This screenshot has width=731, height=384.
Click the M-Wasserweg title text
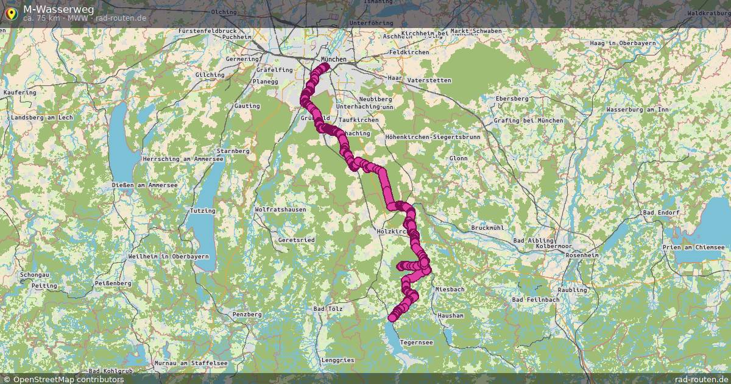58,9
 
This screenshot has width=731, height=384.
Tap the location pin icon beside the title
10,12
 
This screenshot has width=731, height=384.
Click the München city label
333,60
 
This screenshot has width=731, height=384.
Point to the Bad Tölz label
328,309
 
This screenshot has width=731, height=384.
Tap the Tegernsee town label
417,343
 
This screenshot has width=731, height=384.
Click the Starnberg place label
233,151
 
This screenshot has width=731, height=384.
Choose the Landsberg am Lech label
42,117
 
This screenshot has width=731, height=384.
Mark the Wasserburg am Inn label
637,110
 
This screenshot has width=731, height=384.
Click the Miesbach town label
450,289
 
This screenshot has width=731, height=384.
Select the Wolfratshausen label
280,210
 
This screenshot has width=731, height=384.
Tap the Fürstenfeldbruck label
207,30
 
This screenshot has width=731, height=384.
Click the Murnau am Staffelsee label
191,363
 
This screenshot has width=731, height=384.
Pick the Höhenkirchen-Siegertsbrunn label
433,137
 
